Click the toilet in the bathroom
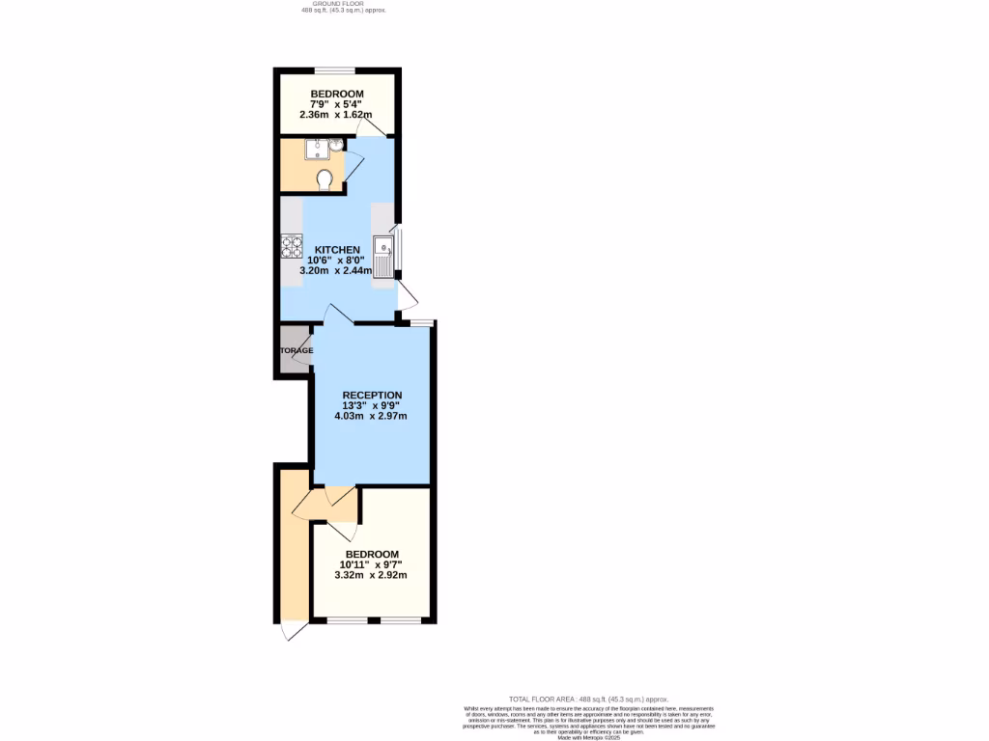pos(325,179)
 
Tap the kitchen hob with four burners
pos(291,247)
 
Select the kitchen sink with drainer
pos(385,257)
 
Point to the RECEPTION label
pos(372,395)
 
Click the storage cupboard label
pos(297,349)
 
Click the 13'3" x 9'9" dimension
pos(372,405)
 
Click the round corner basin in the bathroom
pos(335,147)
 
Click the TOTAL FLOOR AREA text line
pos(588,699)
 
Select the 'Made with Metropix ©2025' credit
pos(588,737)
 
